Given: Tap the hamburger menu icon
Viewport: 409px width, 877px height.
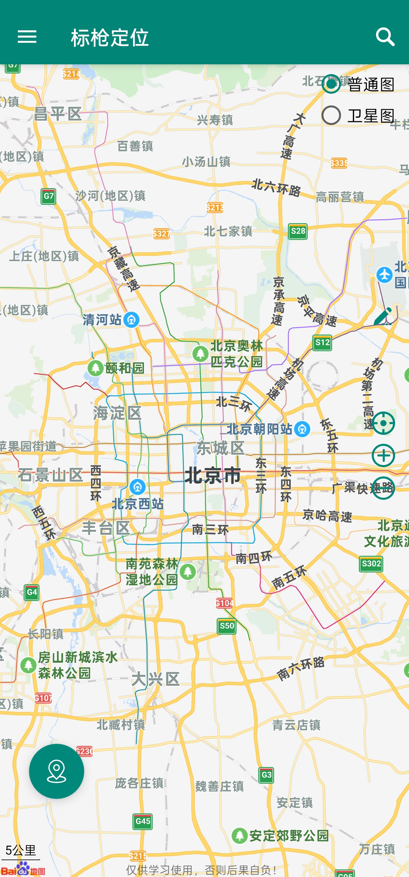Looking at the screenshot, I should click(27, 36).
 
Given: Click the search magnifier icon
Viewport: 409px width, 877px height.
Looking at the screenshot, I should click(385, 36).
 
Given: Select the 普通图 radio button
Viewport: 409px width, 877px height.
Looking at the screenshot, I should click(331, 84).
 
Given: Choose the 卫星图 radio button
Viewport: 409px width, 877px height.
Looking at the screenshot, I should click(331, 115).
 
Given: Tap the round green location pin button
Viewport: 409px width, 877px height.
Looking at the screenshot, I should click(56, 771).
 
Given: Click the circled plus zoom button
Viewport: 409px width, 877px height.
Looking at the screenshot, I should click(383, 455).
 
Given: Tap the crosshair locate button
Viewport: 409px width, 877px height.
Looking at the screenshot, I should click(383, 423).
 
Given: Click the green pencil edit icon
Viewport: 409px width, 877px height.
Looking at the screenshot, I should click(383, 317).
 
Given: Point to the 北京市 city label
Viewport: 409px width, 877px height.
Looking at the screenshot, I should click(213, 475).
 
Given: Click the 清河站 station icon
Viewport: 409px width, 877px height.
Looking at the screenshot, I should click(131, 320).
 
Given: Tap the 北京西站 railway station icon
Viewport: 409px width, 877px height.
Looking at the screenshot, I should click(137, 487).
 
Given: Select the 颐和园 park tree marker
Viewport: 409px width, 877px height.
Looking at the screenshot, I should click(95, 368).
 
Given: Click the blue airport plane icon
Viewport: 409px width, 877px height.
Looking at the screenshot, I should click(385, 274).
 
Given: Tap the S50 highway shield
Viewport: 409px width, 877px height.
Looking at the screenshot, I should click(227, 626).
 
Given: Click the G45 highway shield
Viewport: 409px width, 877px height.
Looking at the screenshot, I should click(143, 821).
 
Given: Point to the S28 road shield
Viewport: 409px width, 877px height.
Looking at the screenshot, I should click(297, 231).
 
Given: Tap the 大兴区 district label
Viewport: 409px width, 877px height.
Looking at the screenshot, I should click(155, 679).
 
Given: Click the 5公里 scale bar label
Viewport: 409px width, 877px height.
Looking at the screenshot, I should click(20, 850).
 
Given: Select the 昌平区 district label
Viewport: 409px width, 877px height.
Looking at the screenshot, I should click(58, 114).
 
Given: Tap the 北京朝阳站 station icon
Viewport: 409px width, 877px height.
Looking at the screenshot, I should click(302, 429).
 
